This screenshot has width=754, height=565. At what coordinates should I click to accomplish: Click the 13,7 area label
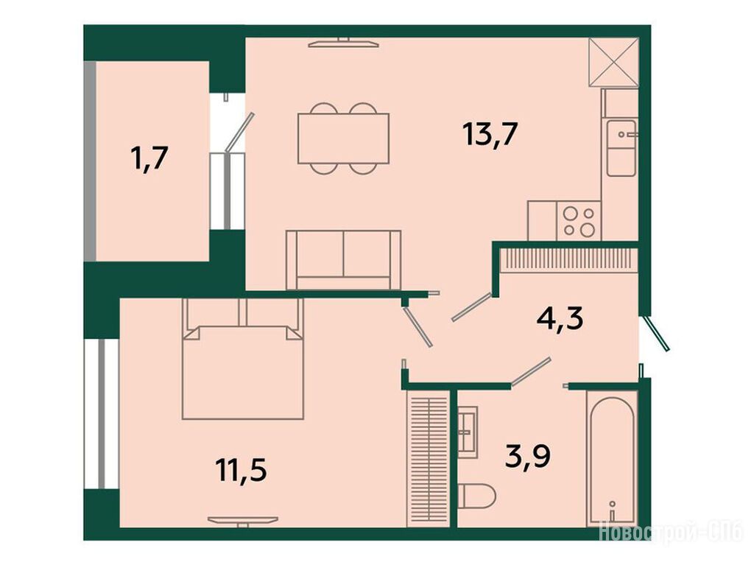pos(490,134)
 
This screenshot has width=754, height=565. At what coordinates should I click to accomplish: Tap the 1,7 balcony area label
pos(149,159)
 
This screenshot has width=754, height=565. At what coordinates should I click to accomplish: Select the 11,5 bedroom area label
pos(242,470)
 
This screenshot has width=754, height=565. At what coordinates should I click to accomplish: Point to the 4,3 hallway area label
pos(560,318)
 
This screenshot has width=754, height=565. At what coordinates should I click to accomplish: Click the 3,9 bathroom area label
pos(528,456)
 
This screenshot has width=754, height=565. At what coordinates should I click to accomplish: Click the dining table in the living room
pos(343,138)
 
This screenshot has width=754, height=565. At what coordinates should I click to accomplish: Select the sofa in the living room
pos(343,260)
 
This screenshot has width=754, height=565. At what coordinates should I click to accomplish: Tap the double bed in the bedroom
pos(243,359)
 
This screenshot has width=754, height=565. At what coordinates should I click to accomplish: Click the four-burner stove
pos(579,221)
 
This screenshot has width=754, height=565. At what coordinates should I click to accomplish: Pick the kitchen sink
pos(621,148)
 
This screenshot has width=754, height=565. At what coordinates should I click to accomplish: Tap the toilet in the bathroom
pos(476,496)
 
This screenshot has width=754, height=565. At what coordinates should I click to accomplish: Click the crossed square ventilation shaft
pos(614,63)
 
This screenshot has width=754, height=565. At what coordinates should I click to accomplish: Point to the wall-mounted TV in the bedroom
pos(243,521)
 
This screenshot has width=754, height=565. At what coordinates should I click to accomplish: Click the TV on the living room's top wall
pos(343,43)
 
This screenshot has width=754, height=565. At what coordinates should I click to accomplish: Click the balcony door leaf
pos(239,131)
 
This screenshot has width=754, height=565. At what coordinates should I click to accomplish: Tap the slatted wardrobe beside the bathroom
pos(428,459)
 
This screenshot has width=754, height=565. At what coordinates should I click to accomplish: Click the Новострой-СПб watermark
pos(671,533)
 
